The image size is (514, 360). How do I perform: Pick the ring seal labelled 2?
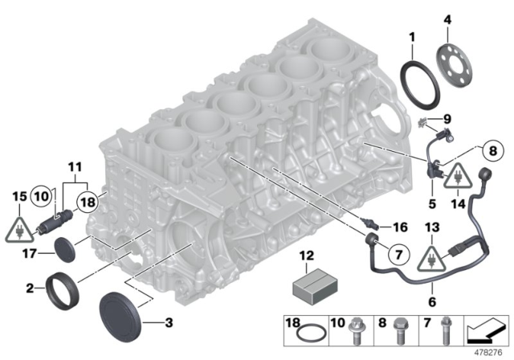[x=62, y=284]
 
